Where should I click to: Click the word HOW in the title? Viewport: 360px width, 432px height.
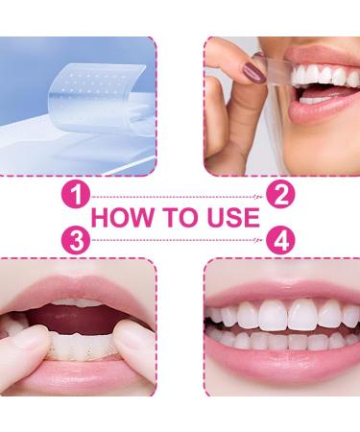coord(122,219)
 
